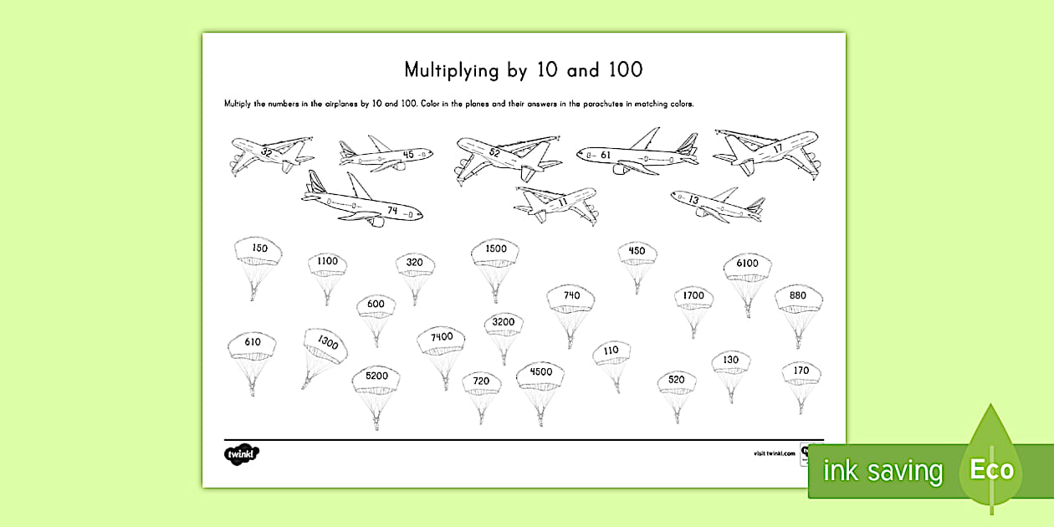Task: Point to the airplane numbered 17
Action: tap(765, 150)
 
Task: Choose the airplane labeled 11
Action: tap(557, 203)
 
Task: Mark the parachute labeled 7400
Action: tap(442, 339)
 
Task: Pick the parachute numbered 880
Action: tap(798, 298)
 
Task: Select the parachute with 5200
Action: tap(376, 378)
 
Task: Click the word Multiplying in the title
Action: tap(452, 70)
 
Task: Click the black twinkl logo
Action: tap(242, 453)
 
